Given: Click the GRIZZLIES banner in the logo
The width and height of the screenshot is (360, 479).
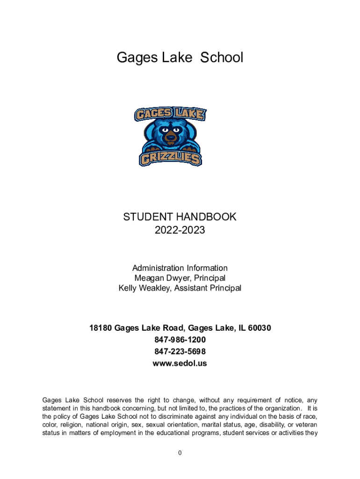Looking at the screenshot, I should tap(170, 158).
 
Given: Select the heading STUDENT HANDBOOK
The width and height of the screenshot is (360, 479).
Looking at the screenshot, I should tap(180, 217).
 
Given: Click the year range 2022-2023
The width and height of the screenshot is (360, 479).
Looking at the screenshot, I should tap(180, 230).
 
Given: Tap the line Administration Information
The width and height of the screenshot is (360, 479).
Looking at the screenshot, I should tap(180, 268).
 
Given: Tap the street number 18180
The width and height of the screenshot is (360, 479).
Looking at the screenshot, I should tap(101, 328).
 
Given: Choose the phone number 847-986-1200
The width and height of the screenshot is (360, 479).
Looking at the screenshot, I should tap(180, 340).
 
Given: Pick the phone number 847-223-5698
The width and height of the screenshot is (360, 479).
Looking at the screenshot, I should tap(180, 351).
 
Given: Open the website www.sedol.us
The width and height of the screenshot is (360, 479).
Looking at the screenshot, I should tap(180, 363).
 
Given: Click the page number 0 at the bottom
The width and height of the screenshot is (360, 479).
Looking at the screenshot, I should tap(180, 453).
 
